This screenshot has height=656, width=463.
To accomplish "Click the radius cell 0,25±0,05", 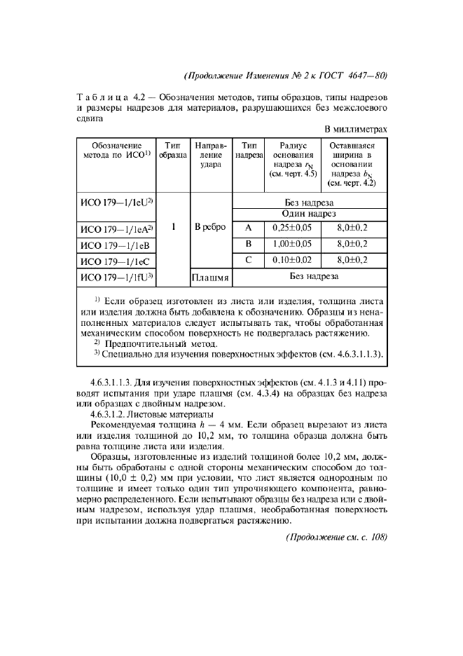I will click(291, 228).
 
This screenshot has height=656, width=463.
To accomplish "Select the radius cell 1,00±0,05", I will click(291, 245).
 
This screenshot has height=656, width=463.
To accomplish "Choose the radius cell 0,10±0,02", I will click(291, 261).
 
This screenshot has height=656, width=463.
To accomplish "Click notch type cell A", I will click(248, 228).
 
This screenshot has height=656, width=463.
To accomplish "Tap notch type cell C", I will click(248, 261).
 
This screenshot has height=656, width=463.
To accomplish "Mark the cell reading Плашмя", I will click(211, 278).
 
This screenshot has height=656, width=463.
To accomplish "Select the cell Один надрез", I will click(309, 214).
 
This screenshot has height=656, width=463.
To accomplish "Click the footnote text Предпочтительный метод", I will click(161, 344).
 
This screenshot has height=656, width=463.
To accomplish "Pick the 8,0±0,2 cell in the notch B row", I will click(352, 245).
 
